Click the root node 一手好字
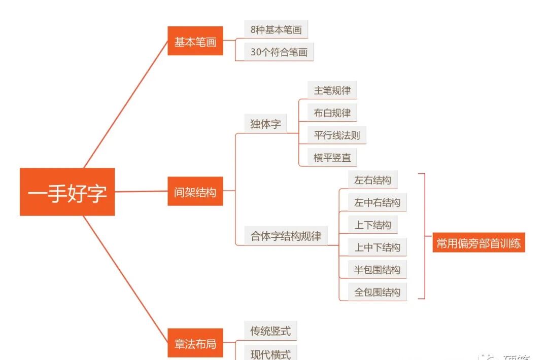pyautogui.click(x=67, y=192)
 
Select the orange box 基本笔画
pyautogui.click(x=195, y=41)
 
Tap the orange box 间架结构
pyautogui.click(x=195, y=192)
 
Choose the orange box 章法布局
pyautogui.click(x=195, y=343)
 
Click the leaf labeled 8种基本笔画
pyautogui.click(x=276, y=29)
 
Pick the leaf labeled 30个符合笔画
pyautogui.click(x=279, y=52)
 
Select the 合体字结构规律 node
pyautogui.click(x=286, y=236)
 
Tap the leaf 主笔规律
pyautogui.click(x=332, y=91)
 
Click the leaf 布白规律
pyautogui.click(x=332, y=113)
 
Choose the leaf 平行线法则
pyautogui.click(x=337, y=135)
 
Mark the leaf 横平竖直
pyautogui.click(x=332, y=158)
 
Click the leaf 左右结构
pyautogui.click(x=372, y=181)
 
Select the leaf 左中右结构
pyautogui.click(x=377, y=203)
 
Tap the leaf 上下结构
pyautogui.click(x=372, y=225)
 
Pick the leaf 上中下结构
pyautogui.click(x=377, y=247)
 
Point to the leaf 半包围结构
pyautogui.click(x=377, y=270)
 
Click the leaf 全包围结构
pyautogui.click(x=377, y=292)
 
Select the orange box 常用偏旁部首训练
pyautogui.click(x=478, y=243)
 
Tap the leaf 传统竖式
pyautogui.click(x=270, y=332)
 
